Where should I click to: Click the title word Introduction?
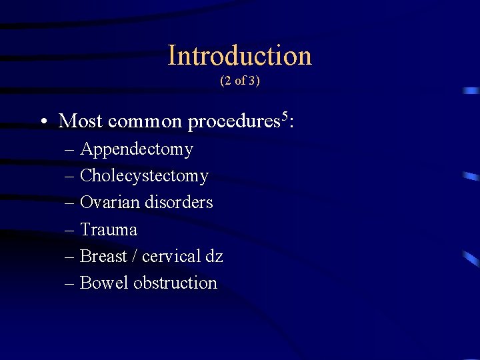[x=239, y=55]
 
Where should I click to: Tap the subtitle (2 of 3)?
[x=239, y=81]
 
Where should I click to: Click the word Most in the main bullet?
[x=80, y=121]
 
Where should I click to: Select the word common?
[x=144, y=121]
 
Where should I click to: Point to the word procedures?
[x=233, y=122]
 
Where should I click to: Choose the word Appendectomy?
[x=136, y=150]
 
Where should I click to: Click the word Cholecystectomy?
[x=144, y=177]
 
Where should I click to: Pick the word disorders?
[x=179, y=202]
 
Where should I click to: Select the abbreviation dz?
[x=215, y=256]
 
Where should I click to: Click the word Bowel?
[x=104, y=283]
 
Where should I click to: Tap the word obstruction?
[x=175, y=283]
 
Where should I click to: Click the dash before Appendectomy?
[x=70, y=150]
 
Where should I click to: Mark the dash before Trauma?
[x=70, y=230]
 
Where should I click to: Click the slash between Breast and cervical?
[x=134, y=256]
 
